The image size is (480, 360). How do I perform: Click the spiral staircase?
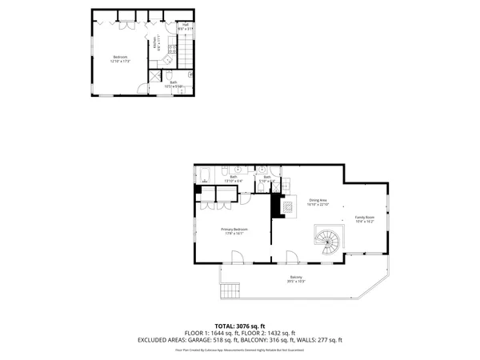click(328, 241)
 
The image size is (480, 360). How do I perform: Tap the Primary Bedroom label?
click(234, 231)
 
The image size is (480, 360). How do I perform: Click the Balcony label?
click(296, 279)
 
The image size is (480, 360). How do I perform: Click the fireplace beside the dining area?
click(280, 206)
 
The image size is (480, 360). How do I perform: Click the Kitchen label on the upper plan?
click(155, 45)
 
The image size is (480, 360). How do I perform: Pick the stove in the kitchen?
click(171, 50)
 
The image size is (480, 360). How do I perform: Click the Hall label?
click(185, 26)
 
